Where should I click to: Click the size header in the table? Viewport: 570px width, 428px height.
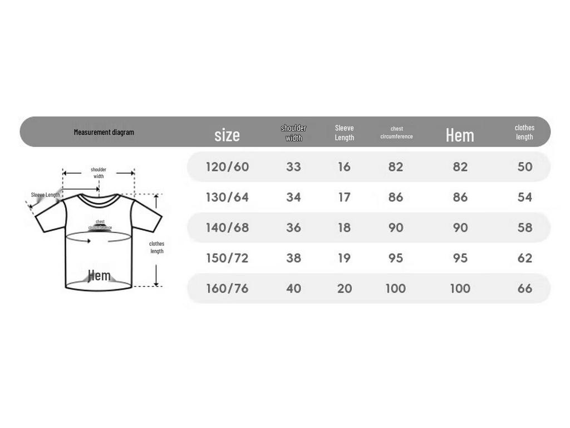point(227,135)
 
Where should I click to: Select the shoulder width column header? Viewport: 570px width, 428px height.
point(293,133)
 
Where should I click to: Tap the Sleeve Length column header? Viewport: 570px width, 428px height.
point(344,133)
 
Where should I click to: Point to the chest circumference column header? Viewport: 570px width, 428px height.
point(396,133)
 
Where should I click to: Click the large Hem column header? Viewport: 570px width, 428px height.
point(460,135)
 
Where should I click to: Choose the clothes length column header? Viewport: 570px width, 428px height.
point(524,132)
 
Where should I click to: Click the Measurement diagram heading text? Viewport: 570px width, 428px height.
point(104,132)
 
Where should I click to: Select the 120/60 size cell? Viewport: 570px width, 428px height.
point(227,167)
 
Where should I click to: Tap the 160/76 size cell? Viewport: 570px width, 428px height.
point(227,288)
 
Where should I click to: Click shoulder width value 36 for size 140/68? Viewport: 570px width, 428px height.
point(293,227)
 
